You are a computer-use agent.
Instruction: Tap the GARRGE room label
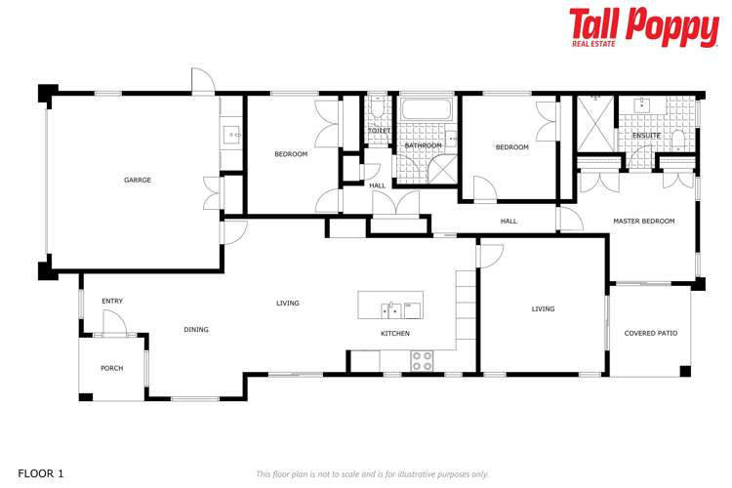pyautogui.click(x=138, y=180)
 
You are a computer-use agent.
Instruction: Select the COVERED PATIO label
pyautogui.click(x=651, y=333)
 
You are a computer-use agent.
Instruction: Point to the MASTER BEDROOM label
pyautogui.click(x=643, y=222)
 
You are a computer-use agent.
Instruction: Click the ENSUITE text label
pyautogui.click(x=646, y=135)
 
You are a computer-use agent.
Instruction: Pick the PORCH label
pyautogui.click(x=112, y=368)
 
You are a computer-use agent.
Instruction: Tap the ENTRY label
pyautogui.click(x=112, y=301)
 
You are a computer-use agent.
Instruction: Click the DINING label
pyautogui.click(x=196, y=330)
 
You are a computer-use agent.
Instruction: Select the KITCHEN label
pyautogui.click(x=395, y=334)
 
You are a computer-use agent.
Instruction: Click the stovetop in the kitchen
pyautogui.click(x=422, y=360)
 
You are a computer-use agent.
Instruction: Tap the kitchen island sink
pyautogui.click(x=391, y=310)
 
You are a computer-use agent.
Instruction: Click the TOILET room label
pyautogui.click(x=380, y=130)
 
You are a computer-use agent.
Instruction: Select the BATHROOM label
pyautogui.click(x=424, y=145)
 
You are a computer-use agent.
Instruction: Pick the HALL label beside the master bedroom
pyautogui.click(x=508, y=222)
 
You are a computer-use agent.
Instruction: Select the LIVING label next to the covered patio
pyautogui.click(x=543, y=309)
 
